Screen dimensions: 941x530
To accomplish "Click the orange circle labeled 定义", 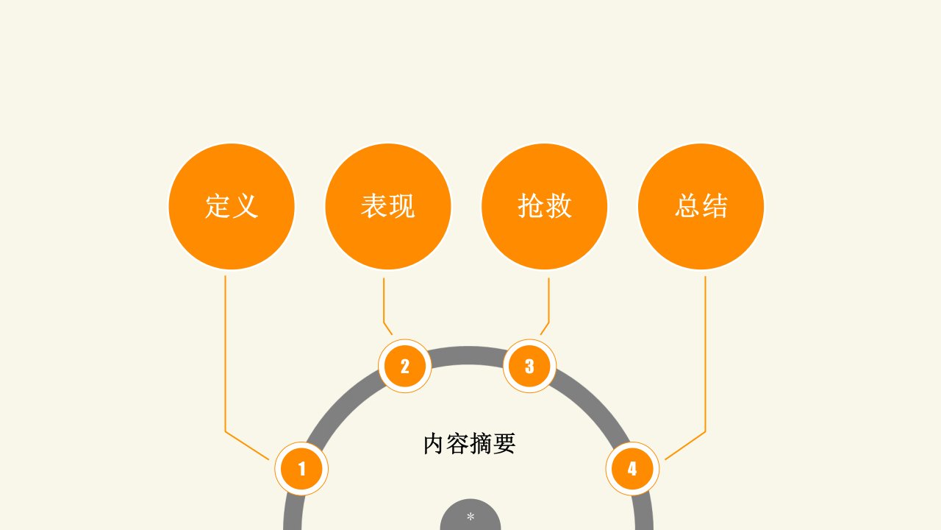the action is tap(232, 207).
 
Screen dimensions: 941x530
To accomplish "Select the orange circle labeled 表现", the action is tap(388, 207).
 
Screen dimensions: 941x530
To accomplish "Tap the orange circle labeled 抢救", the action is tap(545, 207).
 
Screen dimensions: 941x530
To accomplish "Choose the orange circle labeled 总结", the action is tap(701, 207).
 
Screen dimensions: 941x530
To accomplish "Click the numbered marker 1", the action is tap(301, 469).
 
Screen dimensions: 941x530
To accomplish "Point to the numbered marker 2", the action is tap(405, 366).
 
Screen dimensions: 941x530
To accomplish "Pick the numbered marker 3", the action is tap(530, 366).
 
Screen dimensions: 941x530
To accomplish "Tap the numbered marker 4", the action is tap(633, 469).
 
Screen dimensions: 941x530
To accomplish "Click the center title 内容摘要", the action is tap(469, 443).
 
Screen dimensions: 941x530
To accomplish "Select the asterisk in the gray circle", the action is tap(470, 516).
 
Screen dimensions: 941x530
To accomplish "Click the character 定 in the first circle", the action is tap(218, 206).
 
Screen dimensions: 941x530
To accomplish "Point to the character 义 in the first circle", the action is tap(245, 206).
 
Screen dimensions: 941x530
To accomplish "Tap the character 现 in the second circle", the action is tap(402, 206).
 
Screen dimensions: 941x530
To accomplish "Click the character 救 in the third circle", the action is tap(558, 206).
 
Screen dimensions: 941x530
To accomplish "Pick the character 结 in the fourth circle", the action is tap(715, 206).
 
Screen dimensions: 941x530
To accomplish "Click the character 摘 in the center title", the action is tap(481, 443).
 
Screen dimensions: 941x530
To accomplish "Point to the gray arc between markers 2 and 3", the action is tap(467, 356).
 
